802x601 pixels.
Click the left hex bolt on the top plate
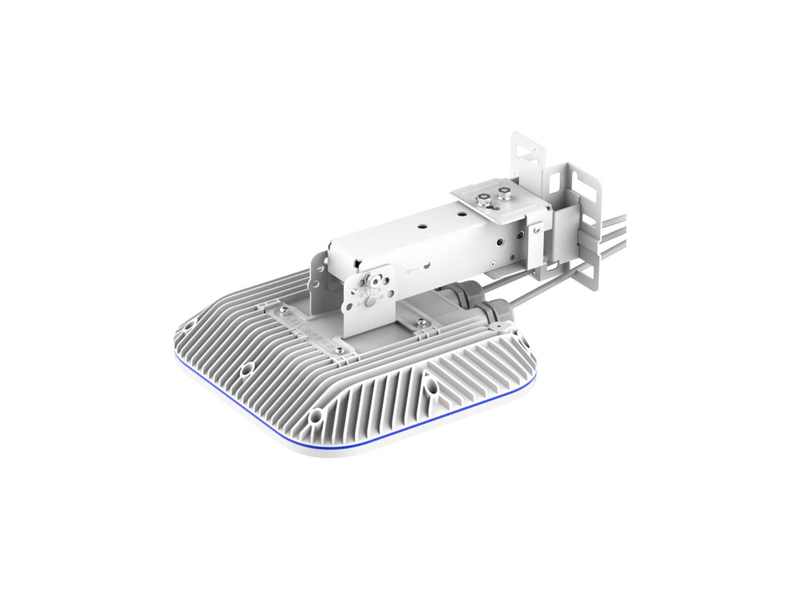click(482, 202)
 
